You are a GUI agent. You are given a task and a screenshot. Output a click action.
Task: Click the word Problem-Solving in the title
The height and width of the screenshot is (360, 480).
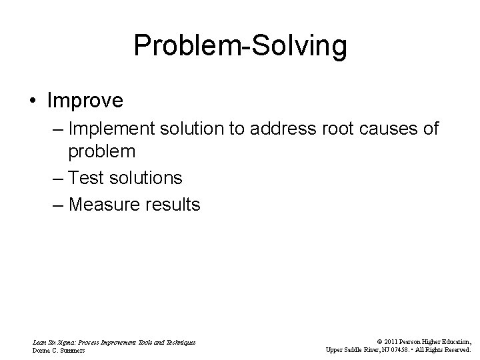(240, 46)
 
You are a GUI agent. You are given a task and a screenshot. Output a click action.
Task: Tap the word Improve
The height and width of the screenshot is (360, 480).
(85, 101)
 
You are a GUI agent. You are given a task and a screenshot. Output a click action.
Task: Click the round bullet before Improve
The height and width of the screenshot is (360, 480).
(33, 101)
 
